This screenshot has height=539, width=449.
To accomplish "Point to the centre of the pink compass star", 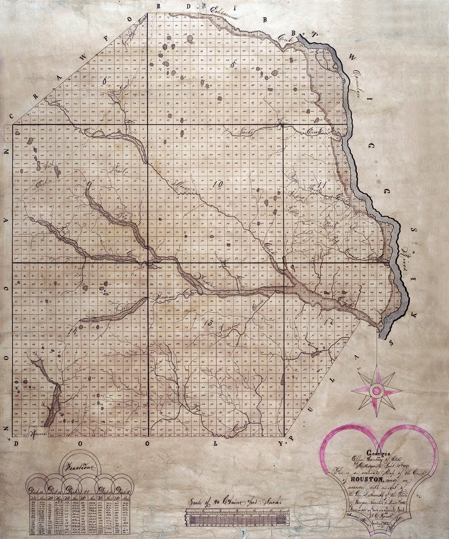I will coord(377,390).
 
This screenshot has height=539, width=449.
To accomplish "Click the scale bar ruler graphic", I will coord(235,519).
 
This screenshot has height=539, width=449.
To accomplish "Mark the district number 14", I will coord(73,331).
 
